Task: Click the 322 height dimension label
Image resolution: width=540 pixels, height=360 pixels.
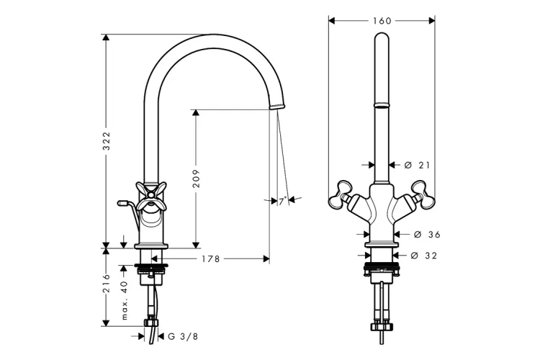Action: (107, 140)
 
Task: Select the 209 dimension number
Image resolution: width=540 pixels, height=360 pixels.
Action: (196, 179)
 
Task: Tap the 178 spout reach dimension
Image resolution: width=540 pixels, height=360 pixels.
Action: (211, 258)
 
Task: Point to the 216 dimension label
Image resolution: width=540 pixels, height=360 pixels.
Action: (107, 283)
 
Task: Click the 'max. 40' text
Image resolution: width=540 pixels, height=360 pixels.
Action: (125, 300)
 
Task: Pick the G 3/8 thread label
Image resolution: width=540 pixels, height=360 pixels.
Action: (183, 336)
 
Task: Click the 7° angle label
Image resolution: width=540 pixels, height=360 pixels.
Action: (283, 201)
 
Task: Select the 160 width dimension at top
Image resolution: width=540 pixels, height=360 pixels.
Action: (382, 21)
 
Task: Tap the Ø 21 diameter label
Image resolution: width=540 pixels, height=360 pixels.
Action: (417, 166)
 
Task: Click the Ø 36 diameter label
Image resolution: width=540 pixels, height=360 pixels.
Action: (427, 235)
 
